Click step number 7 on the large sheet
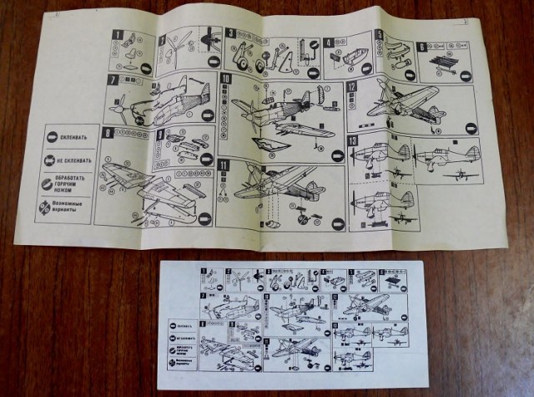pos(112,79)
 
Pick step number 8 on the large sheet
pos(108,132)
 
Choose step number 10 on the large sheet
pos(227,80)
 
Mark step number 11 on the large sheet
pos(224,165)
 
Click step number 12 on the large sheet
pos(352,86)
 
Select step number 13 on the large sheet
pos(353,140)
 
